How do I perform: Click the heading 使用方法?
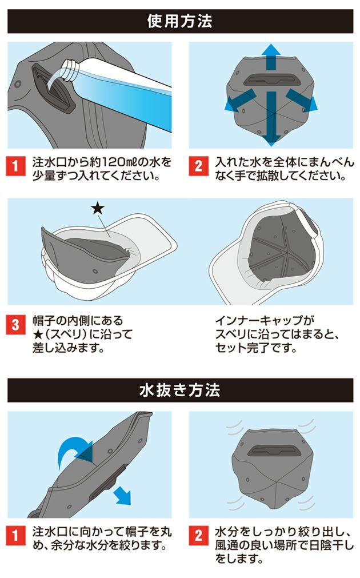pyautogui.click(x=179, y=22)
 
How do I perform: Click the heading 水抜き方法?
pyautogui.click(x=179, y=390)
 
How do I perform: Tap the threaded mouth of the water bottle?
pyautogui.click(x=68, y=70)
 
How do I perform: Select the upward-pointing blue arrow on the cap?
pyautogui.click(x=271, y=58)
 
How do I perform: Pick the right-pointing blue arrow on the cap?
pyautogui.click(x=302, y=101)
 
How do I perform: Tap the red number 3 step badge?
pyautogui.click(x=16, y=325)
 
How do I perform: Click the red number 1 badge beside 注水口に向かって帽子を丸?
pyautogui.click(x=16, y=536)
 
